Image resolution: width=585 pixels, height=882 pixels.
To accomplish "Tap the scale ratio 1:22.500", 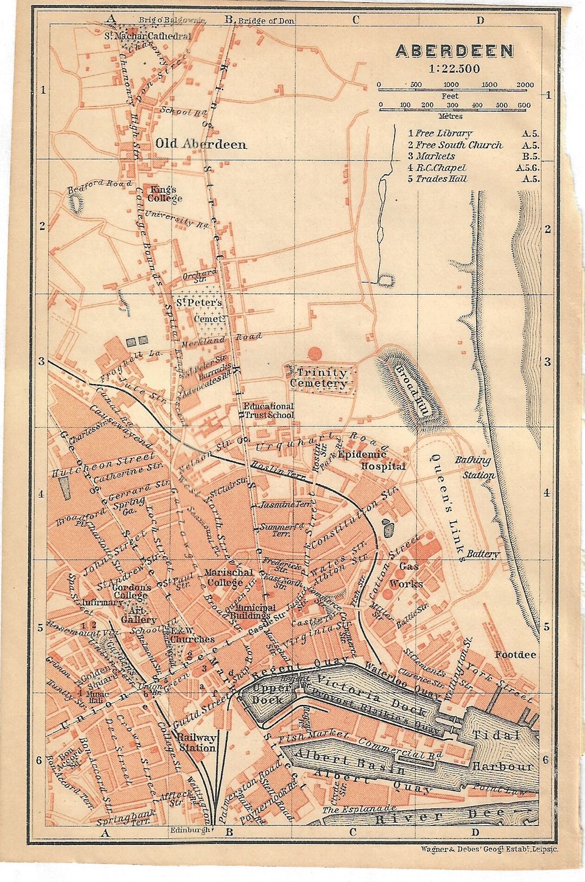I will pyautogui.click(x=454, y=68).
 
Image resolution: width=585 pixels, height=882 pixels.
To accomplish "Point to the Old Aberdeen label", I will pyautogui.click(x=201, y=144).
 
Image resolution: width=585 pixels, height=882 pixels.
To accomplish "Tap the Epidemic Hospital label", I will pyautogui.click(x=383, y=460).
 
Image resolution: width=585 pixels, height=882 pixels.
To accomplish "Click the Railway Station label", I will pyautogui.click(x=197, y=743).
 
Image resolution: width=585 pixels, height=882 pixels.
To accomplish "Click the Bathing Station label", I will pyautogui.click(x=473, y=466).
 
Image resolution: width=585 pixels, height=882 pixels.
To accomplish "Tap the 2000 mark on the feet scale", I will pyautogui.click(x=524, y=85).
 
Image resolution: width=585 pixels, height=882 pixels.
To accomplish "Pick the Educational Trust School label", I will pyautogui.click(x=269, y=410).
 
